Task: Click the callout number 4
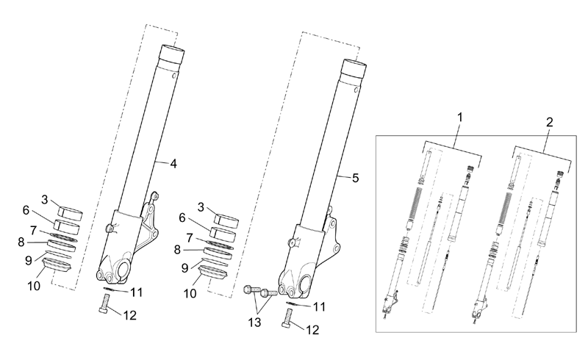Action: point(173,164)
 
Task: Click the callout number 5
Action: point(356,178)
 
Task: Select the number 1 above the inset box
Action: point(460,118)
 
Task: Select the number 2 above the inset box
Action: point(549,122)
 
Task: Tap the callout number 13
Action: point(254,323)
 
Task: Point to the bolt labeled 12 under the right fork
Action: point(287,318)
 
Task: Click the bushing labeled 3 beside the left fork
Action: point(70,213)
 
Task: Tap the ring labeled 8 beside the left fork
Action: point(62,245)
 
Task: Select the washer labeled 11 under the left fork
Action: point(109,289)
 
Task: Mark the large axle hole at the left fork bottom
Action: point(123,269)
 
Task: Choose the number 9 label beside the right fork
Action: point(184,268)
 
